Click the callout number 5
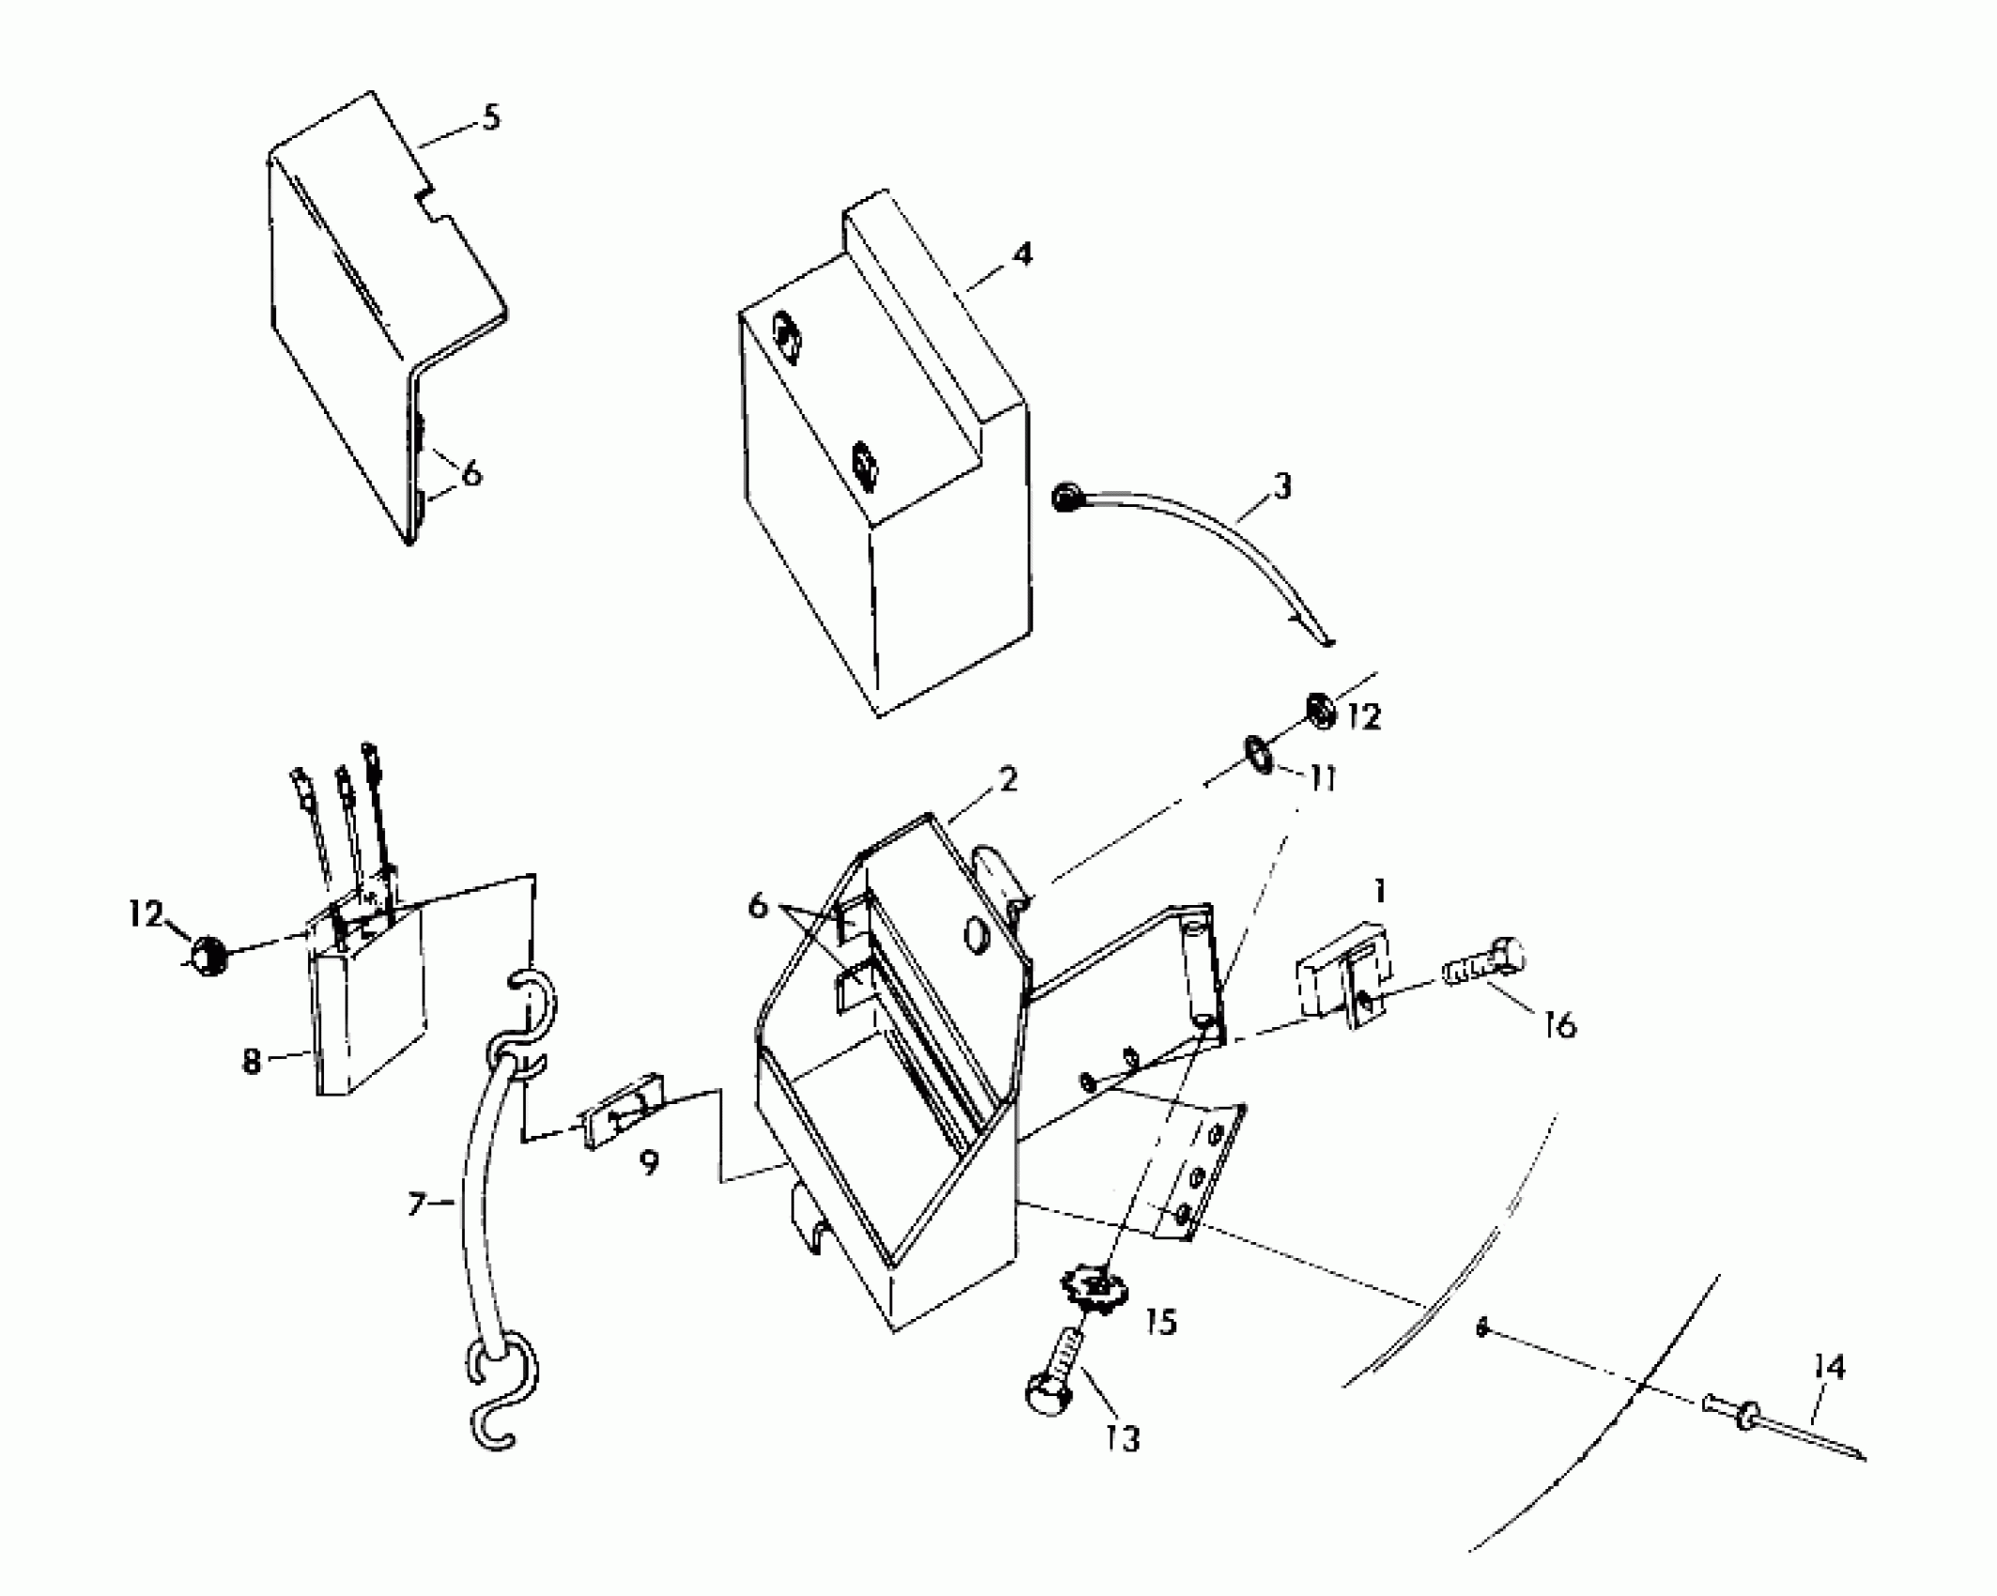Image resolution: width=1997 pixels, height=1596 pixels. [490, 119]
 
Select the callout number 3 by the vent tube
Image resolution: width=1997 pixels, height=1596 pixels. [1282, 486]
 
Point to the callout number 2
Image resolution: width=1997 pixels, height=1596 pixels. [1007, 778]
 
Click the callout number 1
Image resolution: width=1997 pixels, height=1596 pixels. [1378, 891]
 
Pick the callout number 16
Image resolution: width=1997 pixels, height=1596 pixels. [1559, 1025]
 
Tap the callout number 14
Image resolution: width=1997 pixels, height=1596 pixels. [1828, 1367]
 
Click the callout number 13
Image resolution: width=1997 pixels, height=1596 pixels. [1123, 1437]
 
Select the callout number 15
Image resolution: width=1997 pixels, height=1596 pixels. [1160, 1322]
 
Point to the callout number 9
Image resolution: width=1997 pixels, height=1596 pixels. [648, 1163]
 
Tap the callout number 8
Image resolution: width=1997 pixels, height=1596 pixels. [251, 1063]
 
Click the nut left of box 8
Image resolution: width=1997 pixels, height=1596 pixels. [207, 958]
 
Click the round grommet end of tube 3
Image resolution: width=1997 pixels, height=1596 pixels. [1066, 499]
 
